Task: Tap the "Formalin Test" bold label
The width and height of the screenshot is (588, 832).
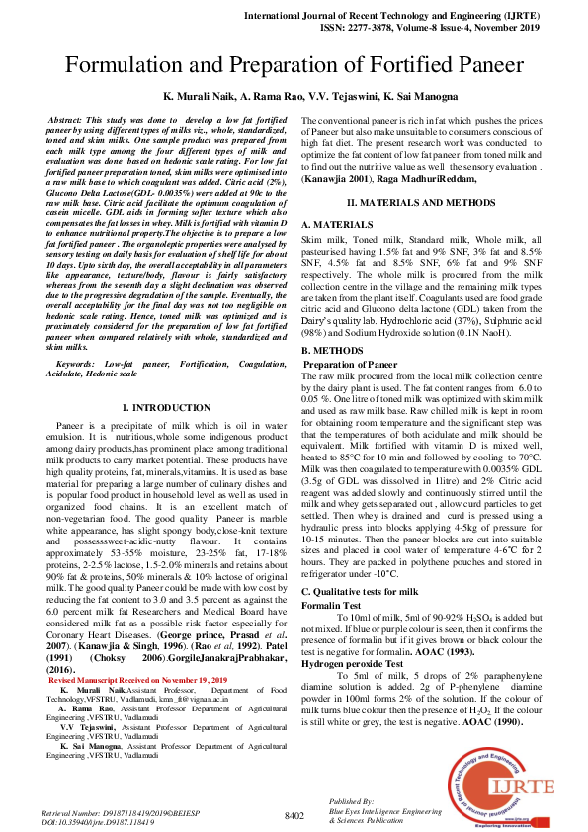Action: (331, 604)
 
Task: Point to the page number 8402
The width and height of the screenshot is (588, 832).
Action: (294, 815)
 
